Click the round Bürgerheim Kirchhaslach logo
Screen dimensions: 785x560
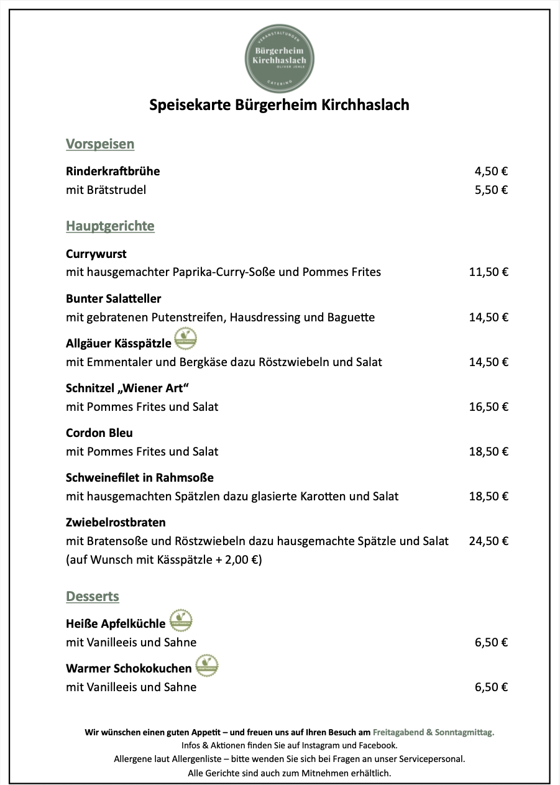pos(280,58)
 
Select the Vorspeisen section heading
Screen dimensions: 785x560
pos(100,144)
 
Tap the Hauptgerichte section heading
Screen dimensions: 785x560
pos(110,226)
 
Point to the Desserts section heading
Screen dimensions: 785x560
pos(93,597)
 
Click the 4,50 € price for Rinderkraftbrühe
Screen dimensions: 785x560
pos(491,172)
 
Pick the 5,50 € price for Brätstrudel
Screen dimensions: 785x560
pos(491,190)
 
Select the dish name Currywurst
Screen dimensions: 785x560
pos(96,254)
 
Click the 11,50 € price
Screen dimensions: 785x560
pos(489,272)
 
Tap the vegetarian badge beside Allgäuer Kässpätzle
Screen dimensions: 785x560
pos(186,339)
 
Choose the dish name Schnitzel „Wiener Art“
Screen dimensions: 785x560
pos(127,388)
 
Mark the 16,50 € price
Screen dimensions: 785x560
pos(489,407)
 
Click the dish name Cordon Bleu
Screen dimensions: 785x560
pos(99,433)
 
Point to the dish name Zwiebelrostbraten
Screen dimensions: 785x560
pos(116,523)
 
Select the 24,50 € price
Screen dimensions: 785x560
pos(489,541)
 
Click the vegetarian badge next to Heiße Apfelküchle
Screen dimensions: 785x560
pos(181,620)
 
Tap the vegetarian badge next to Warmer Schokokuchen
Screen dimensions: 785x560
pos(207,665)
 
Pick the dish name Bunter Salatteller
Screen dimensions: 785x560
pos(114,299)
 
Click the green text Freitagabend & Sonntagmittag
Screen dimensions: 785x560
pos(433,732)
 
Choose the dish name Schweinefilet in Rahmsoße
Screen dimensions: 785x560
pos(140,478)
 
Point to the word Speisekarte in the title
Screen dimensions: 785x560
pos(190,104)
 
